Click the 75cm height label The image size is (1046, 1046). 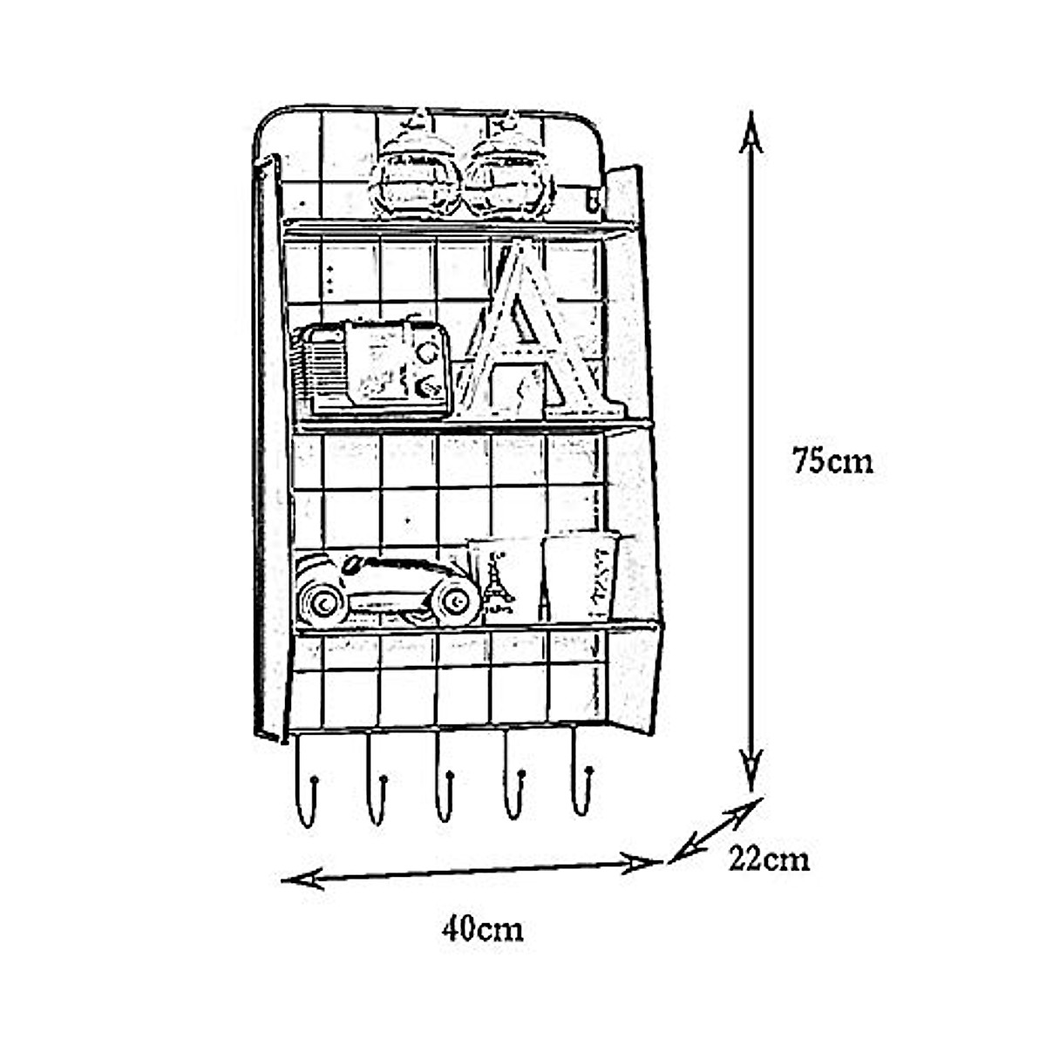(x=832, y=460)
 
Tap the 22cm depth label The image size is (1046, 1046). (x=769, y=859)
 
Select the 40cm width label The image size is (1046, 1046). (x=482, y=929)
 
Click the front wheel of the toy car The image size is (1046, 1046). (x=454, y=600)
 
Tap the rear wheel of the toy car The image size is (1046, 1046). (x=321, y=600)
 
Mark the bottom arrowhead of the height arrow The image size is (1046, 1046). (x=751, y=771)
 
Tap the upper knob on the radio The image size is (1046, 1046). (x=426, y=353)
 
